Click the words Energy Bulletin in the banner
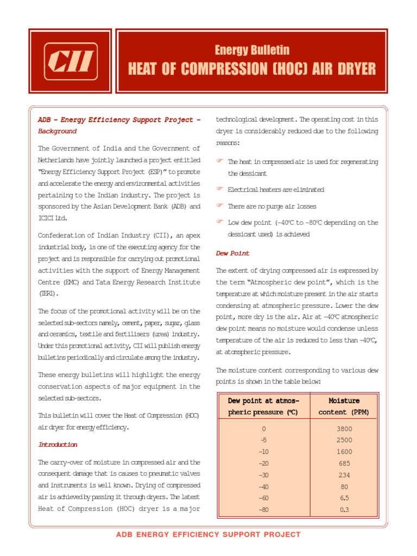click(252, 50)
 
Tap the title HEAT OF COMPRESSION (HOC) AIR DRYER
click(252, 69)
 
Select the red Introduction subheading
click(58, 444)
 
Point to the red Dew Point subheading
click(233, 253)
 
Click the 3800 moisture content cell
click(344, 428)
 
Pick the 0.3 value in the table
click(344, 509)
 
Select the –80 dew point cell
click(264, 509)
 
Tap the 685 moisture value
click(344, 463)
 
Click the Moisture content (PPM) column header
click(344, 406)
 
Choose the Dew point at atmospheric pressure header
click(264, 406)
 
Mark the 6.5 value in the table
click(344, 498)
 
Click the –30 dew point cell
click(264, 475)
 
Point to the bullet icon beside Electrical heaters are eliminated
click(220, 188)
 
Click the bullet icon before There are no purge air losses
click(220, 205)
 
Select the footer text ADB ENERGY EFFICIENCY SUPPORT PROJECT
click(208, 535)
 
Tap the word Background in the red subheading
click(57, 131)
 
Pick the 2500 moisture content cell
click(344, 440)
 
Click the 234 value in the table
click(344, 475)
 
